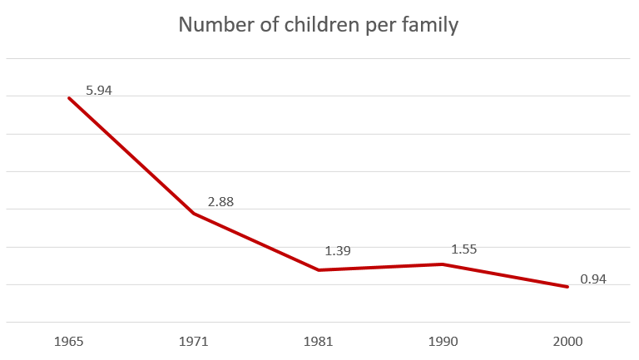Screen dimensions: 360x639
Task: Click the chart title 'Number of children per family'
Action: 319,25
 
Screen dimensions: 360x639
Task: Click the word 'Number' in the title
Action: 214,25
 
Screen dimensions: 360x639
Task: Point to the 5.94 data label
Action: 98,90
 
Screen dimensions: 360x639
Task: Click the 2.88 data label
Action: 222,202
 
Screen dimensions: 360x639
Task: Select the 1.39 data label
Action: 338,250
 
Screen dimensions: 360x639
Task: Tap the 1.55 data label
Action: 463,249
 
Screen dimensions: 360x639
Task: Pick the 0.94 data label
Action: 593,279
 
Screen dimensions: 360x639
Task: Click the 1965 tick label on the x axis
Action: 68,342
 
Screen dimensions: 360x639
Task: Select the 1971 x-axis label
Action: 193,342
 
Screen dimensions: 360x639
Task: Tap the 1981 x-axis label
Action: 318,342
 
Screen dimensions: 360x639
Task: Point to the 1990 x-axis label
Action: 443,342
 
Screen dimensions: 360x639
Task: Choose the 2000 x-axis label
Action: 567,342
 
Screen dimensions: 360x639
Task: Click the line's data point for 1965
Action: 68,97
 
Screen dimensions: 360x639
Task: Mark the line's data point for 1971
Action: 193,214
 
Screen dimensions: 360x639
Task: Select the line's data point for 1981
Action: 318,270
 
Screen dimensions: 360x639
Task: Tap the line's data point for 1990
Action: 443,264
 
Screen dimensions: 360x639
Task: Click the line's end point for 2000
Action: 567,287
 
